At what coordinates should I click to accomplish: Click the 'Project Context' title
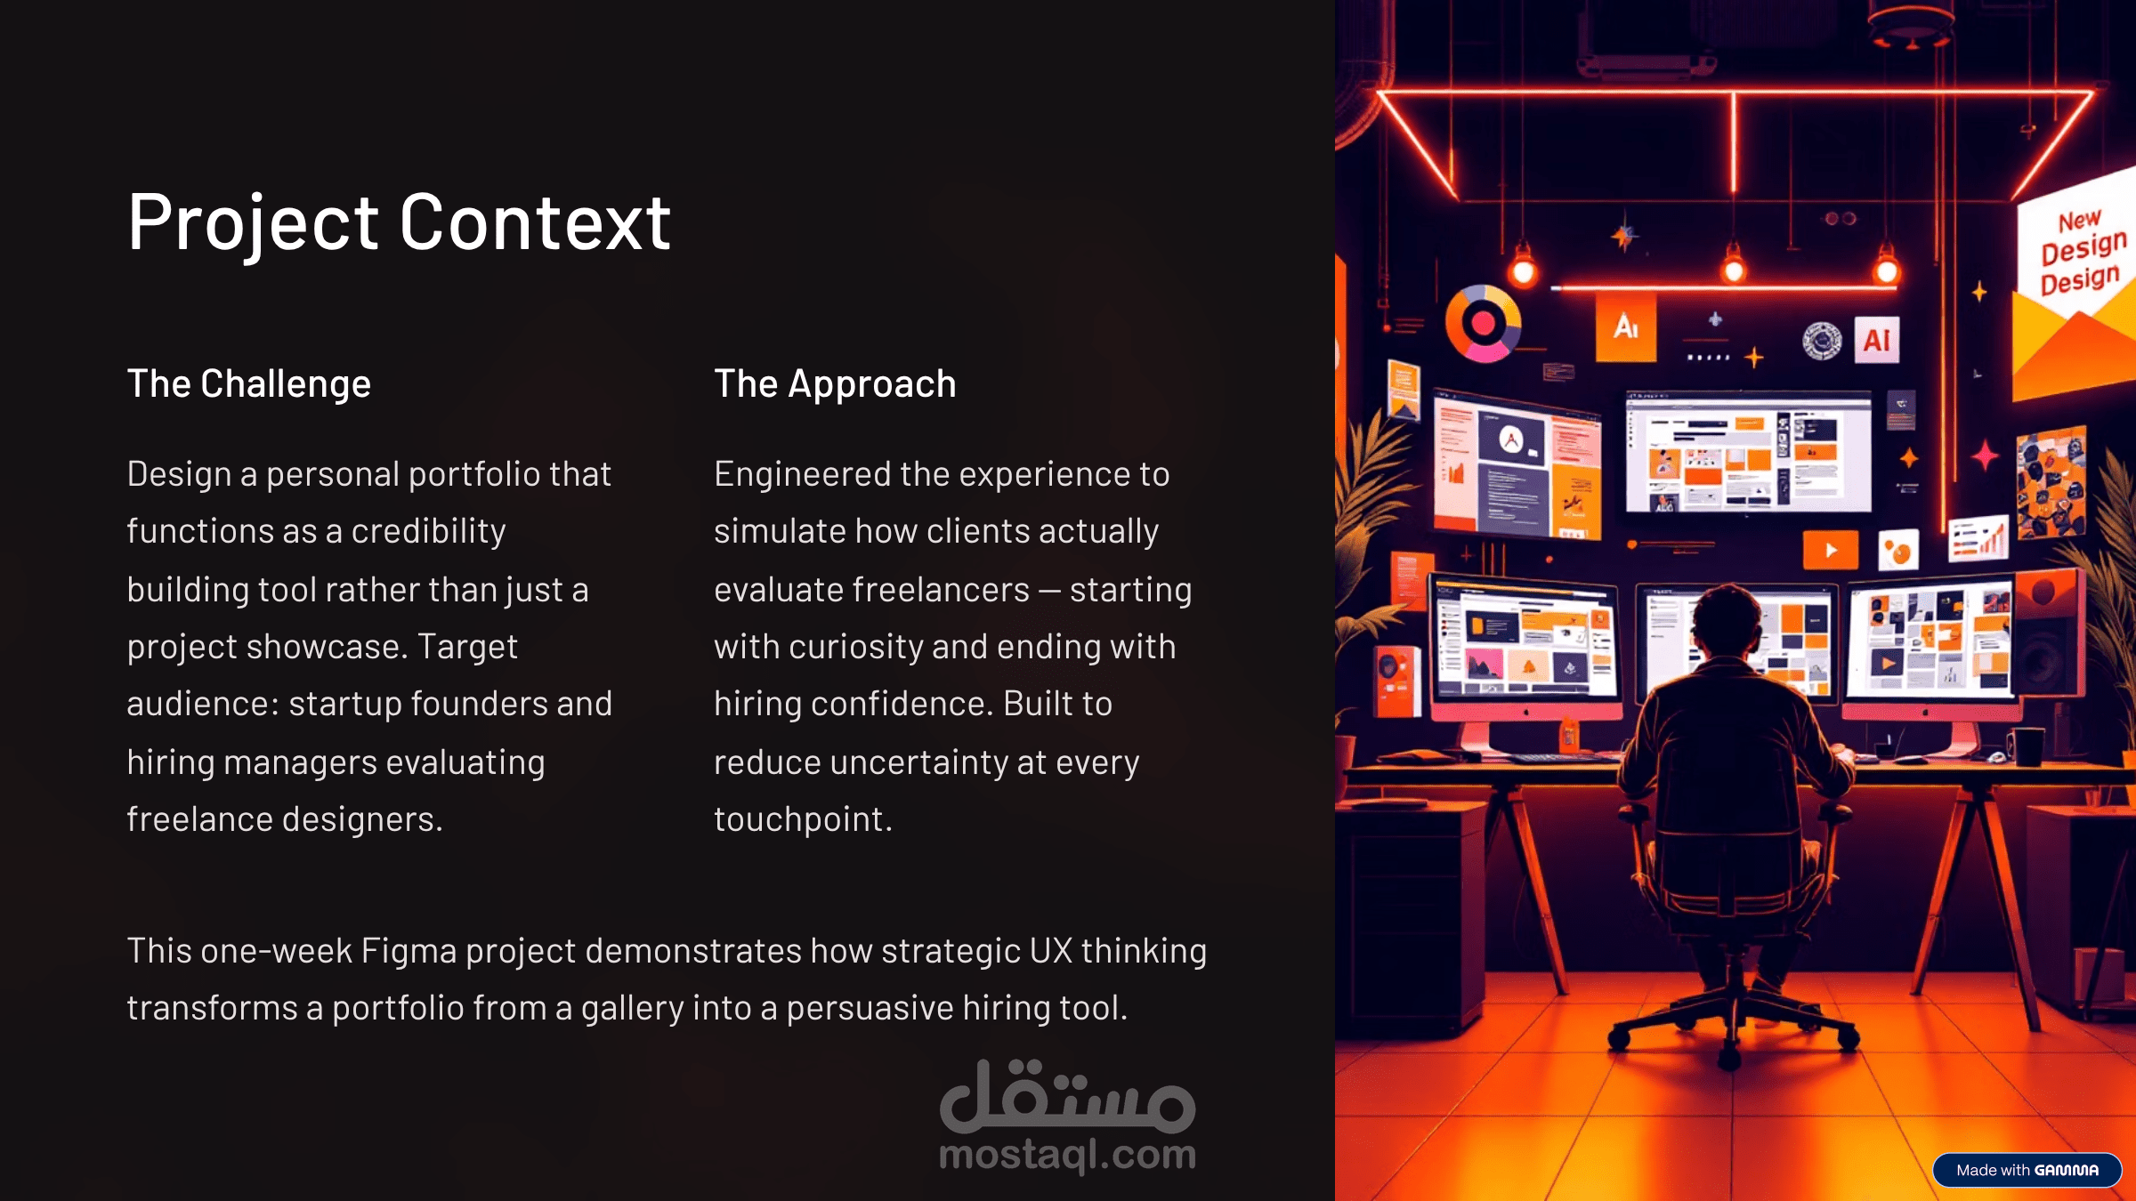point(399,223)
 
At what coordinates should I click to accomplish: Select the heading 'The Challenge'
point(249,384)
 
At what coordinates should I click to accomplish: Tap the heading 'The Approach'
point(835,384)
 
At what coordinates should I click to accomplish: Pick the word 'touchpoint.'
point(803,819)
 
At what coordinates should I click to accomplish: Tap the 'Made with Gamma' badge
point(2027,1170)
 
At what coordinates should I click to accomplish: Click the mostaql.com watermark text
point(1067,1155)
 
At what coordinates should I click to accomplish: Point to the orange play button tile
point(1830,550)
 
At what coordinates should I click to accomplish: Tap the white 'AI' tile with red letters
point(1876,340)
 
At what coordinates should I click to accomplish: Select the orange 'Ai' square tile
point(1626,327)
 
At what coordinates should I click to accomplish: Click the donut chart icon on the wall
point(1483,323)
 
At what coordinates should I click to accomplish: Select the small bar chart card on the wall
point(1978,538)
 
